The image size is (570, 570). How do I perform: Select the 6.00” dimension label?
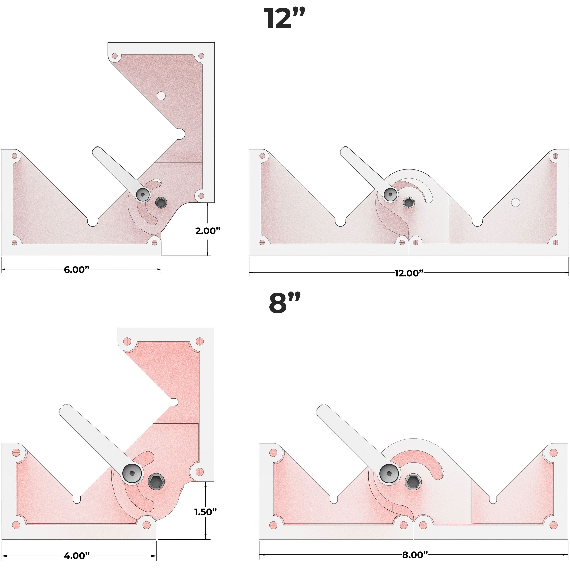point(77,270)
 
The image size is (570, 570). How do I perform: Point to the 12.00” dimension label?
point(409,273)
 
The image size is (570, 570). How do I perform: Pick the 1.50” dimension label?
point(205,512)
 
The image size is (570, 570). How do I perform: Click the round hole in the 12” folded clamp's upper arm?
point(161,96)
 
